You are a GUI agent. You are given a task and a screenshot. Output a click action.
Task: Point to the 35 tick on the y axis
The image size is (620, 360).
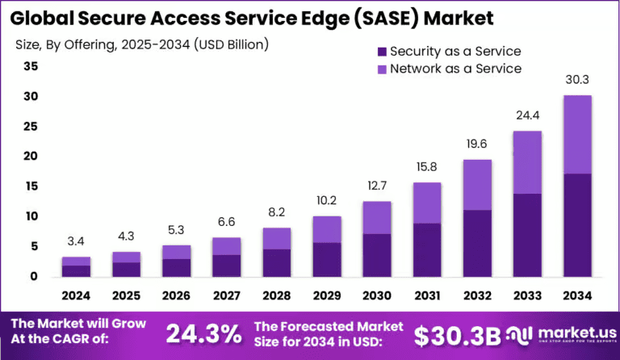[31, 67]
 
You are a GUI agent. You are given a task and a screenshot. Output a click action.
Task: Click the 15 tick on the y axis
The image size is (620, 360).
[31, 186]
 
